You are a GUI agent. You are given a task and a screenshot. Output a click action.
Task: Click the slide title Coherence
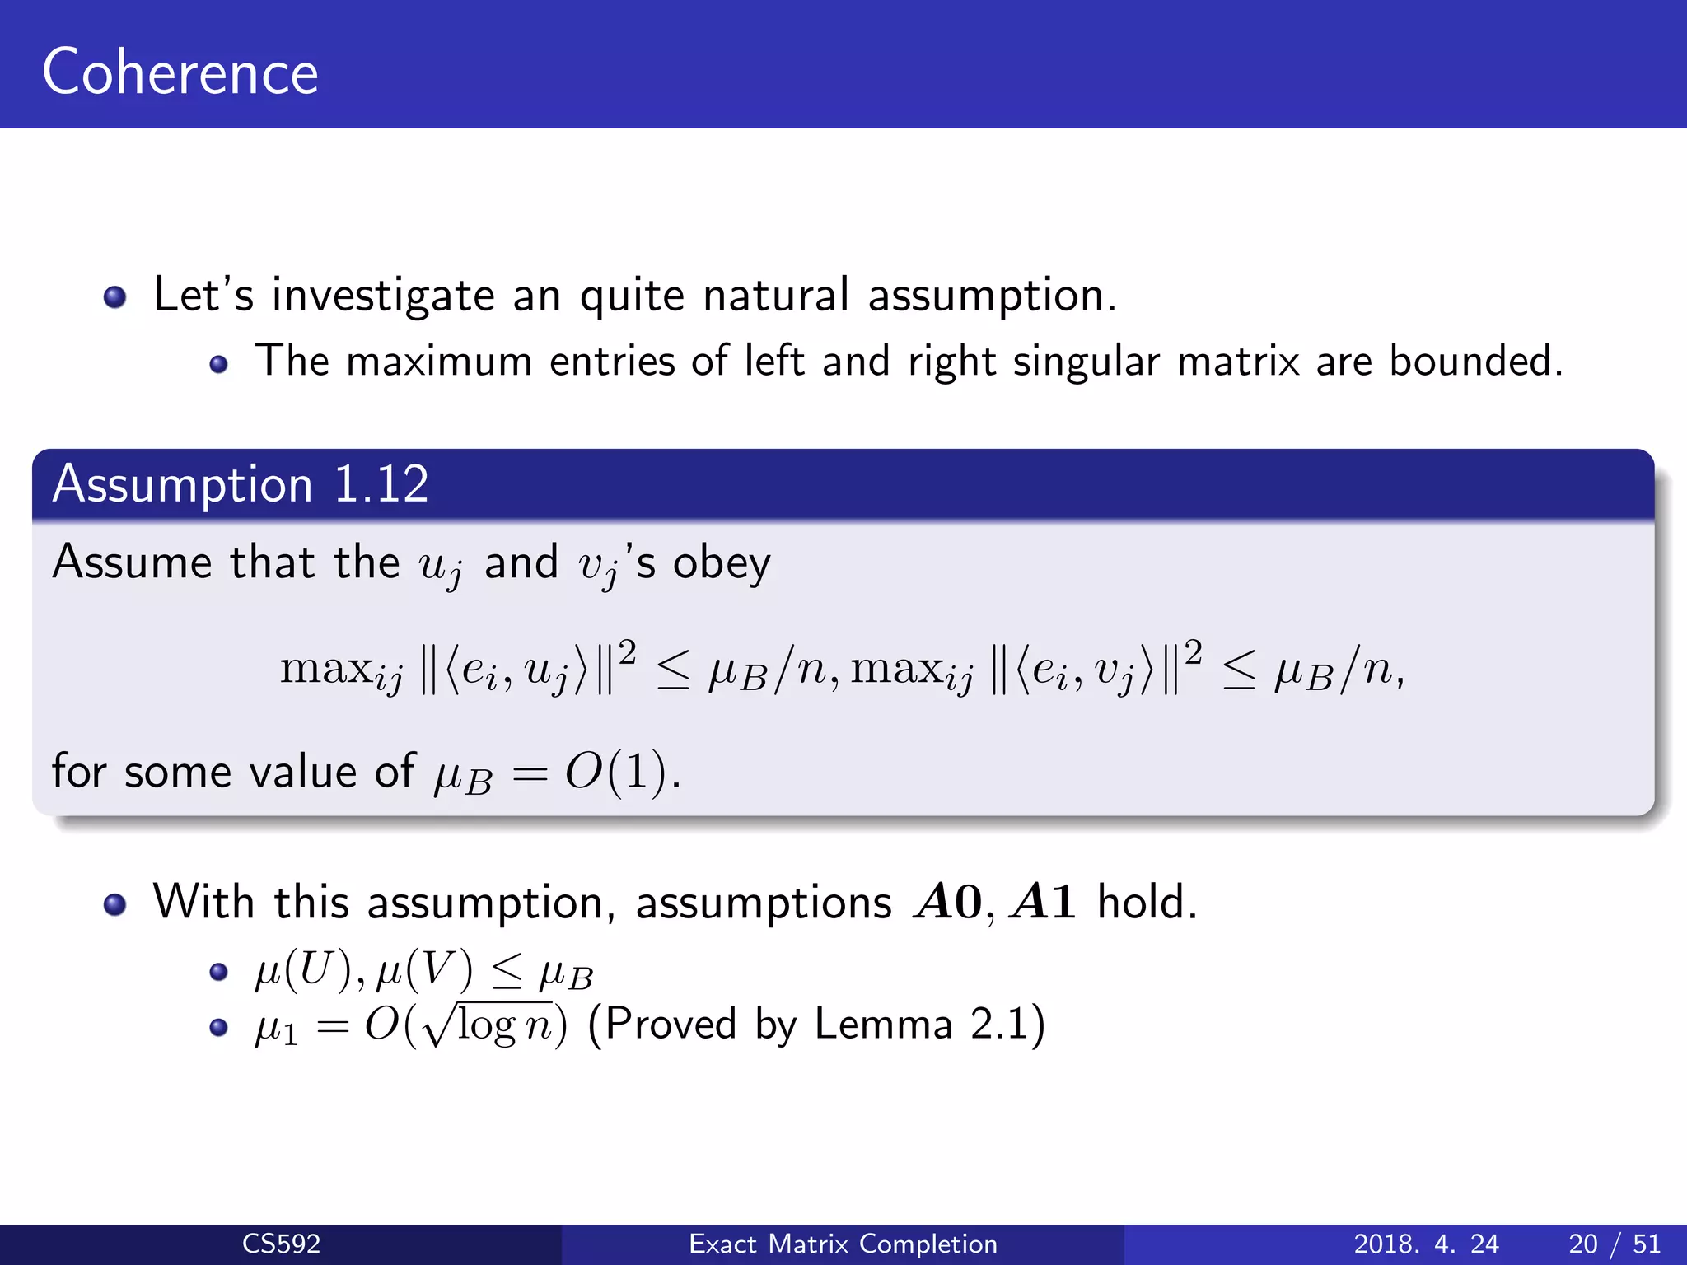click(180, 72)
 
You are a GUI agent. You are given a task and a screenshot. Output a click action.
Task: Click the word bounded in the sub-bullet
click(1475, 361)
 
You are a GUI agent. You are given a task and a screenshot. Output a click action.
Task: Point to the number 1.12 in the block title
click(381, 483)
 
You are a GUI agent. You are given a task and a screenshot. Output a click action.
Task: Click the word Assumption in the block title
click(183, 483)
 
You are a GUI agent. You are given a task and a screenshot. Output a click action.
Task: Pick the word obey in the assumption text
click(722, 564)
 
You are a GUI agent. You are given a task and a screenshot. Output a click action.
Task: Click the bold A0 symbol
click(947, 902)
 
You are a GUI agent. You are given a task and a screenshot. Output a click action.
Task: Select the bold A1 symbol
click(1044, 902)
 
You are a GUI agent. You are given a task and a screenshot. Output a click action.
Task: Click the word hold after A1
click(1147, 902)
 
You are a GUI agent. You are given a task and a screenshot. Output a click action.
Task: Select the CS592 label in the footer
click(281, 1244)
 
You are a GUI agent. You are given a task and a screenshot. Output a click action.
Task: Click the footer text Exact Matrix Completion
click(843, 1244)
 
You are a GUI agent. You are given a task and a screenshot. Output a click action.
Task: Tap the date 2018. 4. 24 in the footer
click(1426, 1244)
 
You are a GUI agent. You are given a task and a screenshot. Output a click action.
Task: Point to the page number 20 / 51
click(1614, 1244)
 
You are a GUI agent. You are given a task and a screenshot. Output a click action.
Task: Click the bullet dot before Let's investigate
click(115, 296)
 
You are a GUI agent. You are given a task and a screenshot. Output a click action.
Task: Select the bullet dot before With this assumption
click(115, 904)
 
